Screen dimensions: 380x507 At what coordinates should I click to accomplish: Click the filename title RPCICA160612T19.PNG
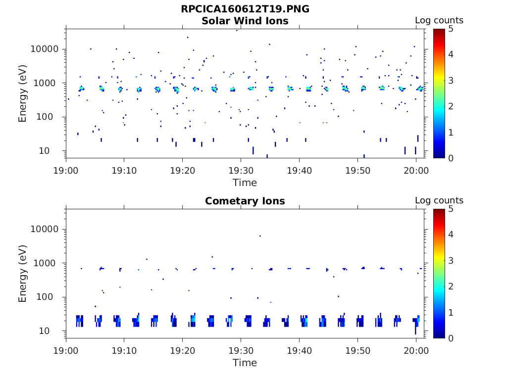245,9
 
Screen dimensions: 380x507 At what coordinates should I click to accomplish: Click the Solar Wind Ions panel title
245,21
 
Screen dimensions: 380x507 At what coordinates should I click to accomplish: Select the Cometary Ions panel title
245,201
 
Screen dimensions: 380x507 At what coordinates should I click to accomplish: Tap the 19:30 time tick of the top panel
241,170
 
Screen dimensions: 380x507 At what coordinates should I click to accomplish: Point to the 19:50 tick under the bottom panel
357,350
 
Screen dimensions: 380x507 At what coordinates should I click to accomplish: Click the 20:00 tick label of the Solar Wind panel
416,170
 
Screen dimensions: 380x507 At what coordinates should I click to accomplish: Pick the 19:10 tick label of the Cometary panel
124,350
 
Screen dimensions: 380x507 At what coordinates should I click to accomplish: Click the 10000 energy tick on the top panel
46,49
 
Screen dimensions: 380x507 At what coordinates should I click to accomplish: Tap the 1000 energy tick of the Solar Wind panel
48,83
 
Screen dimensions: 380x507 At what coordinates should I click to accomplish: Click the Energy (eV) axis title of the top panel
23,94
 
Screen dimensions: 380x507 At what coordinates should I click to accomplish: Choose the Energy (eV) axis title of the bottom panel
23,274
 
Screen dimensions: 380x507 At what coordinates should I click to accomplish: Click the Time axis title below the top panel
245,183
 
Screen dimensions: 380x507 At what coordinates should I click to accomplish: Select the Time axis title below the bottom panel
245,363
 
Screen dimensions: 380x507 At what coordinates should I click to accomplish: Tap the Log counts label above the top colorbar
439,20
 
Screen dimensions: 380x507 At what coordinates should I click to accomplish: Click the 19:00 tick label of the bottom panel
66,350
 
